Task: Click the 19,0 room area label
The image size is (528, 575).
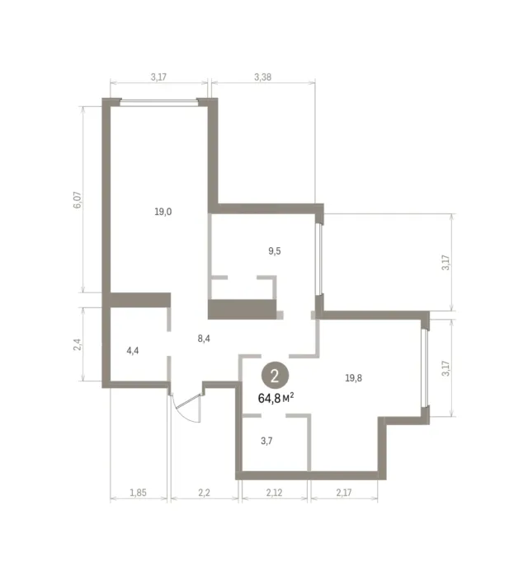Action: pos(163,212)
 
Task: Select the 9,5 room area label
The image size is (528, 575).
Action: pos(275,251)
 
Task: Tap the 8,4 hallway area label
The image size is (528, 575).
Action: pos(204,339)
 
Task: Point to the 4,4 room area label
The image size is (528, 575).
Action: pos(133,351)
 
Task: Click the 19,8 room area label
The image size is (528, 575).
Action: pos(354,378)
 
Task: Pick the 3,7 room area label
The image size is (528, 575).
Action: pos(266,441)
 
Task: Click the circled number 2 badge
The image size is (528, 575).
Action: pos(275,376)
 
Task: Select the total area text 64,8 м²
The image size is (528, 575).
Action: pos(276,398)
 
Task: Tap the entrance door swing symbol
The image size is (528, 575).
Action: pos(187,408)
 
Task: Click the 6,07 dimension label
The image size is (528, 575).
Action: pos(78,200)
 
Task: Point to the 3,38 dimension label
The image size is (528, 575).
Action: pos(263,77)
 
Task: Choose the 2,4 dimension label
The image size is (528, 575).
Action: pos(78,344)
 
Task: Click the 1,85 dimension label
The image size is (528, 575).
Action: pos(138,493)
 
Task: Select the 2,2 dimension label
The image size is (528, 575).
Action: pos(204,493)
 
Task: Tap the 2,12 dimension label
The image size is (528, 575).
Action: pos(274,493)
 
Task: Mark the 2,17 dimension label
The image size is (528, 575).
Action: pos(344,493)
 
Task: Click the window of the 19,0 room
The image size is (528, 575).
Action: pos(158,102)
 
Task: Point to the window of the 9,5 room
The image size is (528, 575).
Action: pos(319,259)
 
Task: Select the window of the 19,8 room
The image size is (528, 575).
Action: pos(425,367)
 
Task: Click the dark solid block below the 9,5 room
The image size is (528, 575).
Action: pos(243,309)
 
